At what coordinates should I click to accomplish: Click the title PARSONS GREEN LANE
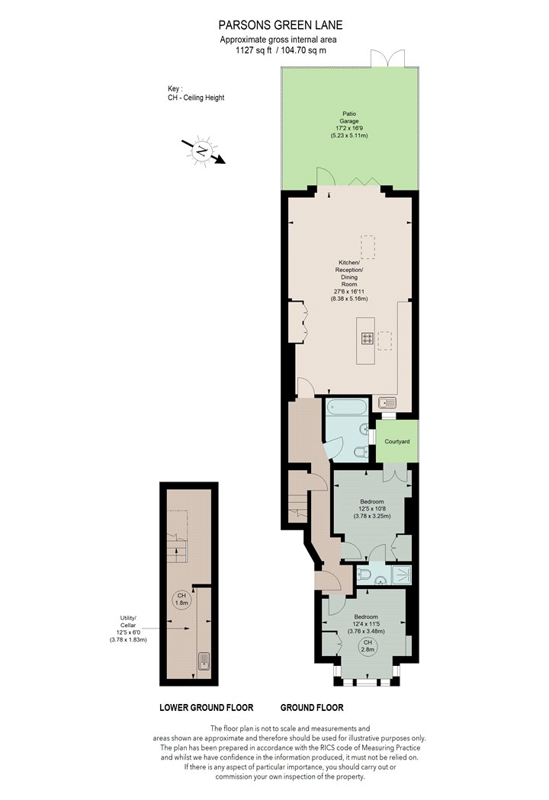pos(281,25)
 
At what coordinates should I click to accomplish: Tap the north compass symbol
pos(203,151)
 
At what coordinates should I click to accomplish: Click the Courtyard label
pos(396,441)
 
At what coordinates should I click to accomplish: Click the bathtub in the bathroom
pos(347,407)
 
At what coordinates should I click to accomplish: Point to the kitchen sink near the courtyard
pos(387,403)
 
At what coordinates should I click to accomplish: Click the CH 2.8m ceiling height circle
pos(368,646)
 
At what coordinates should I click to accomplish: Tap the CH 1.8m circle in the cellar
pos(181,600)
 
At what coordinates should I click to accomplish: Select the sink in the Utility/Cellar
pos(204,661)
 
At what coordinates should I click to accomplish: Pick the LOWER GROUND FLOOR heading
pos(207,708)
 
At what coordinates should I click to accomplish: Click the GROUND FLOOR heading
pos(312,708)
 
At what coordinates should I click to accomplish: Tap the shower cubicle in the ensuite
pos(401,574)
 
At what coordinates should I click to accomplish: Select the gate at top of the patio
pos(387,58)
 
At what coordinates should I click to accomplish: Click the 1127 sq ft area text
pos(254,50)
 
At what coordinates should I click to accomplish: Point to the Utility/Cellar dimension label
pos(128,629)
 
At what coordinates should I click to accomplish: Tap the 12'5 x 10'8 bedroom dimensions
pos(372,509)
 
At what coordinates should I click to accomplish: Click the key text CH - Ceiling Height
pos(196,98)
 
